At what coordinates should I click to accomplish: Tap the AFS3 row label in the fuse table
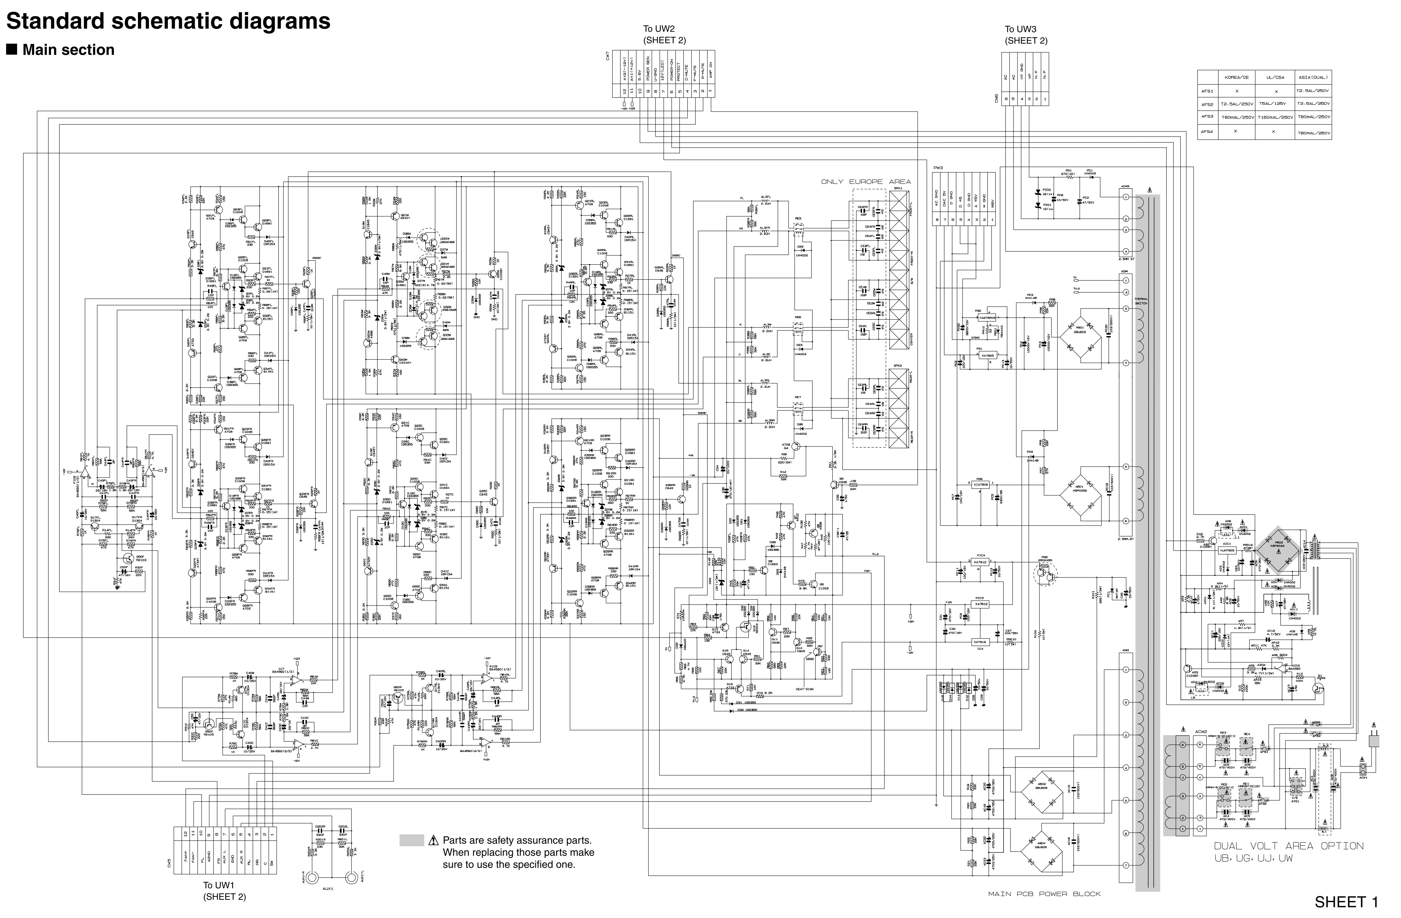[x=1207, y=117]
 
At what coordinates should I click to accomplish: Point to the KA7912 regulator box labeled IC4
[x=980, y=642]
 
